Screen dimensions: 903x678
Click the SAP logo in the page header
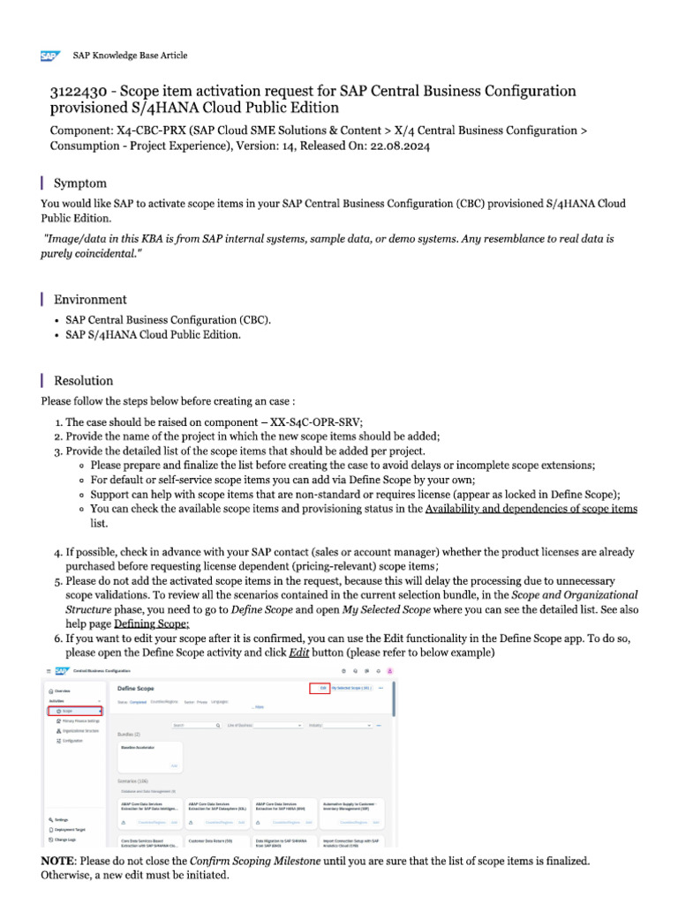(49, 56)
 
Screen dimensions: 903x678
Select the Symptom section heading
(80, 183)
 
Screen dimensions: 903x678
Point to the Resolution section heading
(83, 381)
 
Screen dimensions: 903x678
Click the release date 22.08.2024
(399, 146)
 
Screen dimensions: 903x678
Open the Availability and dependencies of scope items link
(531, 509)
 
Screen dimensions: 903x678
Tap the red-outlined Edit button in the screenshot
(320, 688)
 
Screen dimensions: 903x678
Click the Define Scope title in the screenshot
(135, 688)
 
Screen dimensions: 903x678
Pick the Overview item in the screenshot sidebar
(61, 691)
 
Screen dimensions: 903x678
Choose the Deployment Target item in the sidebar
(71, 830)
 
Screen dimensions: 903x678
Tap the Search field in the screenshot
(195, 725)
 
